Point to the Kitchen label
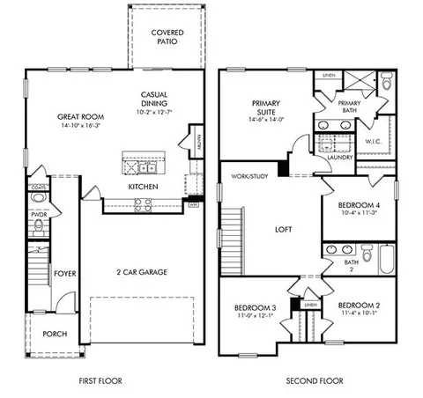coord(143,188)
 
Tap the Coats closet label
coord(39,187)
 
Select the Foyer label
coord(64,274)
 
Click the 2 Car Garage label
coord(143,272)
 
